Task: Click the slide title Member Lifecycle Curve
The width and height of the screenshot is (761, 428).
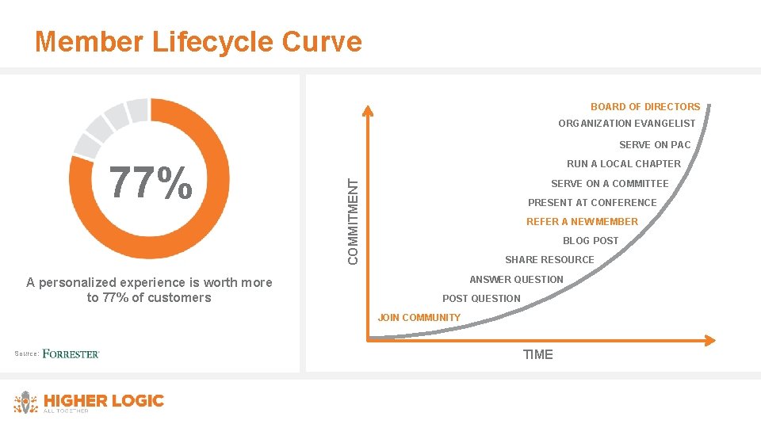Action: pyautogui.click(x=198, y=41)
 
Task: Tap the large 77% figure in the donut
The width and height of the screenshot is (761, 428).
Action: pyautogui.click(x=150, y=182)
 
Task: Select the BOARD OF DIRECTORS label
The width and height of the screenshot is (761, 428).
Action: pyautogui.click(x=644, y=107)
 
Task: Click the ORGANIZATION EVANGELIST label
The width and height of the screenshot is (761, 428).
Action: pyautogui.click(x=626, y=124)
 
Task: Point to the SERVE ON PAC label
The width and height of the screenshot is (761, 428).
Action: pyautogui.click(x=654, y=145)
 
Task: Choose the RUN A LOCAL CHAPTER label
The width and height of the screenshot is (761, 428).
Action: pyautogui.click(x=623, y=164)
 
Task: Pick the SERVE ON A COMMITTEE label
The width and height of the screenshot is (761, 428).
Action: pyautogui.click(x=610, y=184)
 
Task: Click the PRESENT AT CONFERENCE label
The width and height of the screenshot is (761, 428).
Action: pyautogui.click(x=592, y=203)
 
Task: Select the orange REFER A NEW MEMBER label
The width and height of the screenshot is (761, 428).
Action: pyautogui.click(x=582, y=222)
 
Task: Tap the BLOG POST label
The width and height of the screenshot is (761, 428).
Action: pyautogui.click(x=591, y=241)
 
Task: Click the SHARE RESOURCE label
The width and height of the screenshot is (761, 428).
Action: pyautogui.click(x=549, y=260)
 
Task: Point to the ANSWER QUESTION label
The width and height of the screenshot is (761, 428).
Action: pyautogui.click(x=516, y=280)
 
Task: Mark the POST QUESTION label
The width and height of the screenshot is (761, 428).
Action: pyautogui.click(x=481, y=299)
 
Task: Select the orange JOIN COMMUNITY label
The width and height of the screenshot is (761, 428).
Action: pyautogui.click(x=419, y=318)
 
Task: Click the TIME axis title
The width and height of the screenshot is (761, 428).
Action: pyautogui.click(x=537, y=354)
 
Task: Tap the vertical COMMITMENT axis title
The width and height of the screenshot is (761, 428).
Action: pyautogui.click(x=354, y=221)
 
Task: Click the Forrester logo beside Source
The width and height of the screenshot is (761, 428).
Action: pyautogui.click(x=71, y=353)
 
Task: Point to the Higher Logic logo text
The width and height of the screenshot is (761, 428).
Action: pyautogui.click(x=103, y=401)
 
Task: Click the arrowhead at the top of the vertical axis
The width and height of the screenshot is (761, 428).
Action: pyautogui.click(x=369, y=111)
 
